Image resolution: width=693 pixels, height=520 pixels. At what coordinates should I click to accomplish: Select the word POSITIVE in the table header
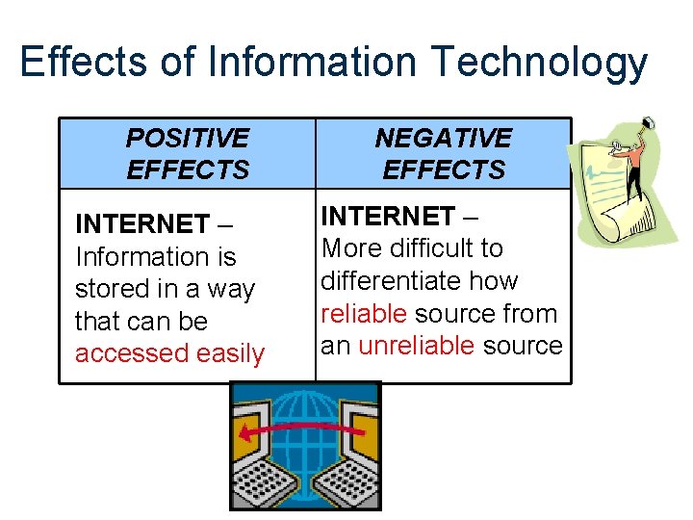pos(188,139)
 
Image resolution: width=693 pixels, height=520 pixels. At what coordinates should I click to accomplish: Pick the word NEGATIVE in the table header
pos(444,139)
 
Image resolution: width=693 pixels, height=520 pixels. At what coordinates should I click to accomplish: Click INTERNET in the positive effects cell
pos(141,224)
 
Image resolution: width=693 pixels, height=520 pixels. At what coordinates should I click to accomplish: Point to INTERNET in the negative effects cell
pos(387,216)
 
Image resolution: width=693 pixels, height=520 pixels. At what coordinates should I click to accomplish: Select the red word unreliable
pos(416,346)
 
